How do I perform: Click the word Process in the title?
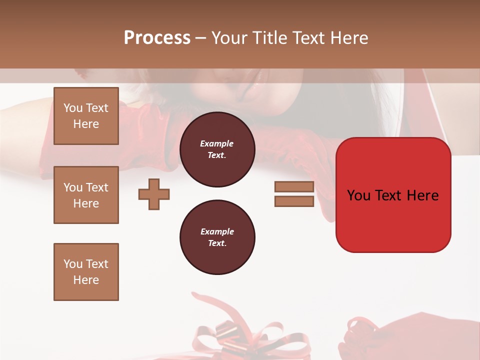[x=157, y=37]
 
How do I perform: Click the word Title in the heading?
[x=270, y=37]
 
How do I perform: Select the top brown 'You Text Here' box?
[x=86, y=116]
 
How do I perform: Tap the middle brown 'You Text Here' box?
[x=86, y=195]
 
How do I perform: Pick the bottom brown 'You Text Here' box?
[x=86, y=272]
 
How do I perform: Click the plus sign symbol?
[x=154, y=194]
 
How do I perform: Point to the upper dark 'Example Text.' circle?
[x=217, y=149]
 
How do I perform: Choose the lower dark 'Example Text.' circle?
[x=217, y=237]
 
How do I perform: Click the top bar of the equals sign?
[x=294, y=187]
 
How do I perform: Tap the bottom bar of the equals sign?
[x=294, y=201]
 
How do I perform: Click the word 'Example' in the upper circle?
[x=217, y=143]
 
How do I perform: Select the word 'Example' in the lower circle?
[x=217, y=231]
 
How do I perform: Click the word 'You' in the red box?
[x=359, y=195]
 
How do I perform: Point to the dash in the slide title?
[x=200, y=38]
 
